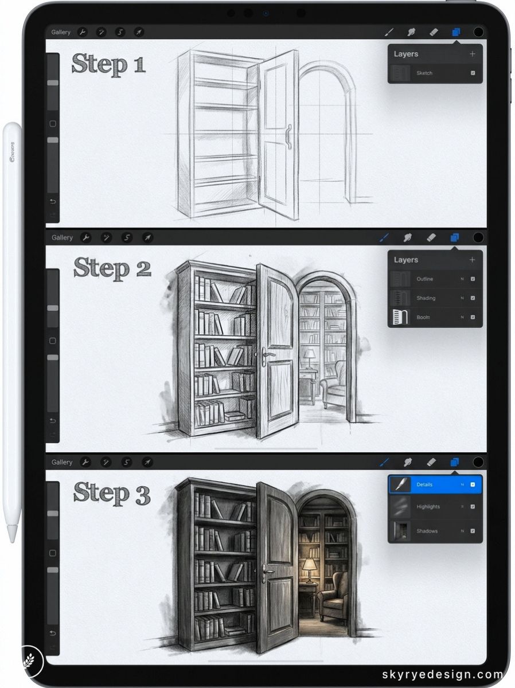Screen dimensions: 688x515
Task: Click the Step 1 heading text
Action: (x=108, y=64)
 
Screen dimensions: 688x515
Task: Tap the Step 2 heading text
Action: (x=112, y=268)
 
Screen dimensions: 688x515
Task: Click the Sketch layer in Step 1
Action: (x=435, y=73)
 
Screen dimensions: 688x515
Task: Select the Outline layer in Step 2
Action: (x=435, y=279)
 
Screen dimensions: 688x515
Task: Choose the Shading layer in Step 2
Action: (x=435, y=298)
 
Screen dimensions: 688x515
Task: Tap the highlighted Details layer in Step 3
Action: (x=435, y=484)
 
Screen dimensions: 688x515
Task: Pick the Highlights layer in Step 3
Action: (x=435, y=507)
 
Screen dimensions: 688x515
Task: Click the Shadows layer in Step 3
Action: (x=435, y=531)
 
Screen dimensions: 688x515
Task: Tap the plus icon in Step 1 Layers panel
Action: (x=473, y=54)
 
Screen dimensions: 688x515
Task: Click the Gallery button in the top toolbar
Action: (x=61, y=32)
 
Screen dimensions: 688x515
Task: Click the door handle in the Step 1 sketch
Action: (x=288, y=136)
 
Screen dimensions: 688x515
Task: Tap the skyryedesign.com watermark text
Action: (x=442, y=675)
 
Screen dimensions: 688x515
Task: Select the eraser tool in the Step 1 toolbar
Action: (x=434, y=32)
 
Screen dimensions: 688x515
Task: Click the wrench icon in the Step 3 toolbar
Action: (x=85, y=462)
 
